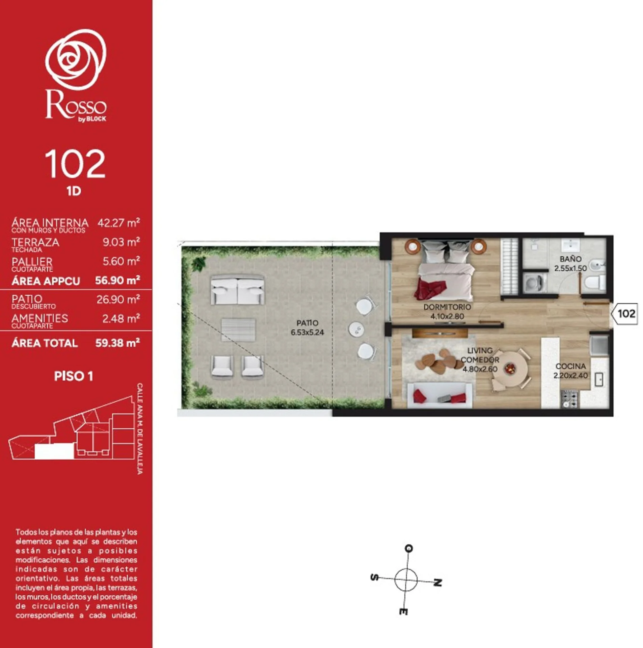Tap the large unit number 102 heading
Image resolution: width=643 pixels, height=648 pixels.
click(x=75, y=164)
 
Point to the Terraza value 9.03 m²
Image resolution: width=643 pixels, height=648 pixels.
click(x=121, y=242)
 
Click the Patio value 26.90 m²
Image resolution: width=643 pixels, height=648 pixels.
click(x=118, y=299)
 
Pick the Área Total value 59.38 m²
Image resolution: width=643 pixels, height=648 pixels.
click(x=117, y=343)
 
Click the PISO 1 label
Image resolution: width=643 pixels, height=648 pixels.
click(x=73, y=376)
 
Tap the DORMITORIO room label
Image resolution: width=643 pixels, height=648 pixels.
click(x=447, y=307)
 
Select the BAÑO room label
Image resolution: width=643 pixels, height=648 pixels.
click(x=570, y=259)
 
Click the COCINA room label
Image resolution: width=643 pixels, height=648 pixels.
click(x=570, y=366)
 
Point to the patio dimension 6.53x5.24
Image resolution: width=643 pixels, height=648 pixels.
click(x=307, y=332)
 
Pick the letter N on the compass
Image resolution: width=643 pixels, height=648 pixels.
click(x=437, y=583)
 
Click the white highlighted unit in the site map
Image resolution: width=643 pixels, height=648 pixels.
click(x=54, y=451)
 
